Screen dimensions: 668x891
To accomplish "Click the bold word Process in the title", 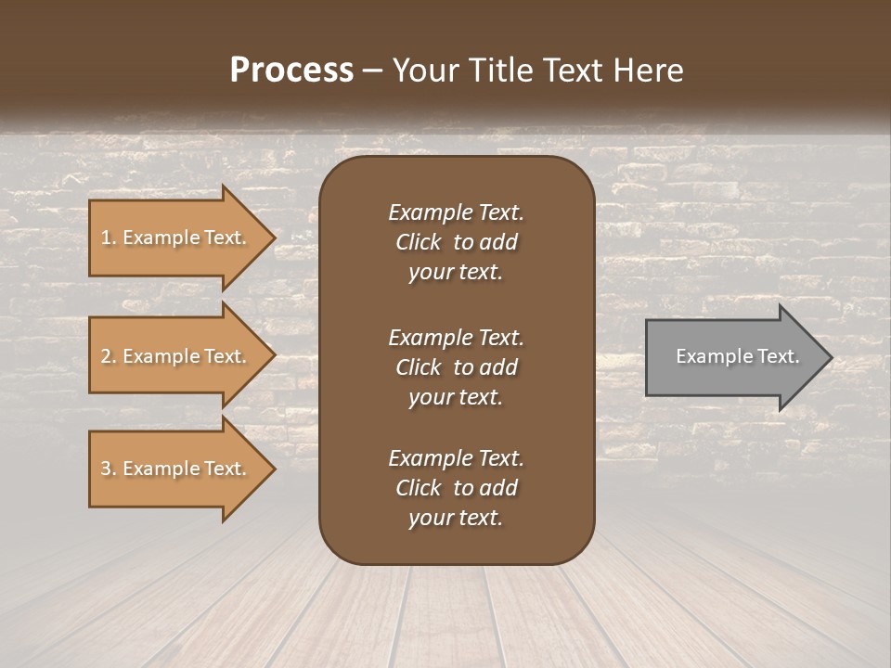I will point(291,71).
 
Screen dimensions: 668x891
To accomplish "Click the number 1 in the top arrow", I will point(106,238).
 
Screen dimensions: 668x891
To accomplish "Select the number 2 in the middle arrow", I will point(106,356).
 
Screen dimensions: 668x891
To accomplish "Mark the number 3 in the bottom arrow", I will point(106,469).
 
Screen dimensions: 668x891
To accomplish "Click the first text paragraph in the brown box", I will point(456,242).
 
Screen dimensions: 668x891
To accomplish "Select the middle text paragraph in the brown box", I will point(456,367).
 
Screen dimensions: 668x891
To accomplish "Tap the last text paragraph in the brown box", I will point(456,488).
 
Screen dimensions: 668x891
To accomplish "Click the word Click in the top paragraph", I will point(418,242).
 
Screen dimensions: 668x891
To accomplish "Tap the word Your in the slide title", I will point(422,71).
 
